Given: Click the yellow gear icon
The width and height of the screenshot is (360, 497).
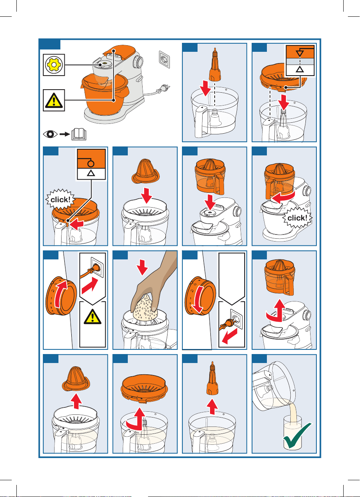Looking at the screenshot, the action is pos(54,65).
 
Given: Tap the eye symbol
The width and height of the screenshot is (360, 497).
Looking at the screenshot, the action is pos(50,134).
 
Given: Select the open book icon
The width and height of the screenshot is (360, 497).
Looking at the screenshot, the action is pos(79,134).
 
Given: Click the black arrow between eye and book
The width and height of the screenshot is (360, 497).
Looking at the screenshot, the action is pos(65,134).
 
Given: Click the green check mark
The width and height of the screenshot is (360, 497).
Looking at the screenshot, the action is pos(297,435).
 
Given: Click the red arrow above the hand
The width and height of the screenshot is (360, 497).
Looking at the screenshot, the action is pos(142,267).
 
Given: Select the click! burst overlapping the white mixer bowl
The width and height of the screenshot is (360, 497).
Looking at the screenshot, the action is pos(297,218).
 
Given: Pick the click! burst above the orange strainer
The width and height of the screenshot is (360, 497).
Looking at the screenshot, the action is pos(60,199).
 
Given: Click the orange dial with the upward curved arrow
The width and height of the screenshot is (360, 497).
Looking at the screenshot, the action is pos(61,296).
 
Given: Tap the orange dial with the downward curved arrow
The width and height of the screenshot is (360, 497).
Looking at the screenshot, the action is pos(200,296).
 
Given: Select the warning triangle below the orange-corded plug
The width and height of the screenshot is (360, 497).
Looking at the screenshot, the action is pos(92,317).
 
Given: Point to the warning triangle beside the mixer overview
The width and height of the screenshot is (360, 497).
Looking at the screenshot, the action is pos(54,100).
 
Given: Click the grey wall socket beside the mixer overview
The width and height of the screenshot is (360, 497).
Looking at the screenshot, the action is pos(164,60).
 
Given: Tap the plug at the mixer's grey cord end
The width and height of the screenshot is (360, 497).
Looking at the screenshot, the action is pos(164,88).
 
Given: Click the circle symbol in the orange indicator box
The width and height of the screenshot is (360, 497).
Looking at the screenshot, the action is pos(91,164).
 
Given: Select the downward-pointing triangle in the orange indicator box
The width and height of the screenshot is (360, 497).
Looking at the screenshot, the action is pos(300,53).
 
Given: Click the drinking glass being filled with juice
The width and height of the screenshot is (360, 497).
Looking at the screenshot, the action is pos(293,433).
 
